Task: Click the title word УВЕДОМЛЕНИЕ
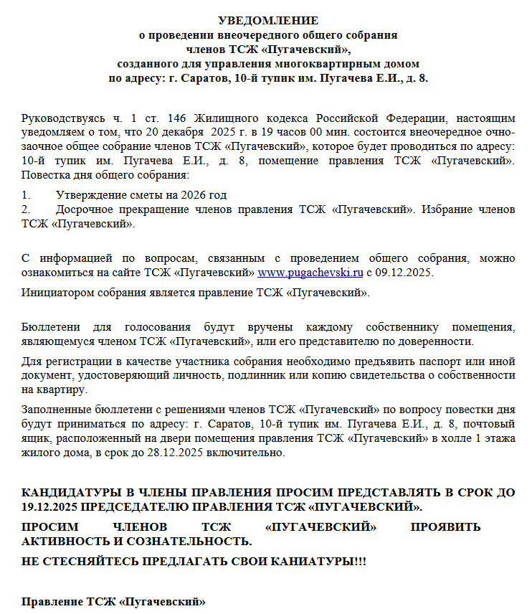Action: click(x=268, y=21)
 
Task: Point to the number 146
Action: click(x=177, y=118)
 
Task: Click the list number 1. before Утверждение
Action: click(x=27, y=195)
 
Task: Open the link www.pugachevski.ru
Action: click(x=310, y=273)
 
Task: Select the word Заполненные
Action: click(x=57, y=410)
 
